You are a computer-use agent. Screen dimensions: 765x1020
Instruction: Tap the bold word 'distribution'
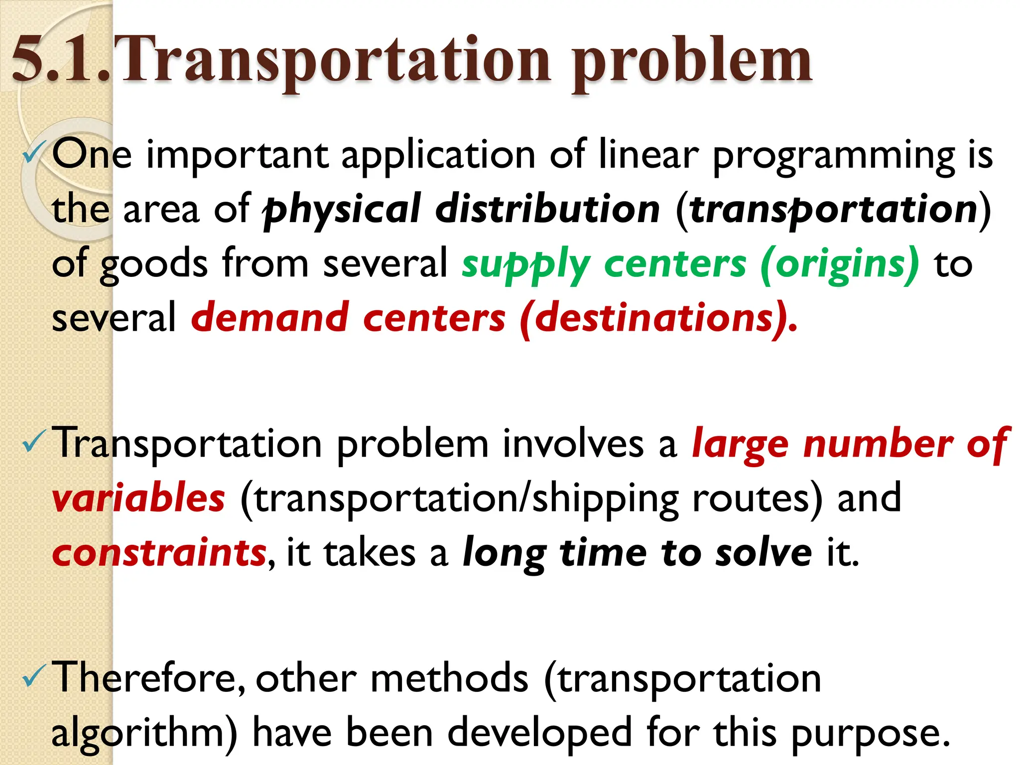click(548, 209)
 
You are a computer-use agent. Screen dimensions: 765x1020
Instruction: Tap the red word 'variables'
click(138, 498)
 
